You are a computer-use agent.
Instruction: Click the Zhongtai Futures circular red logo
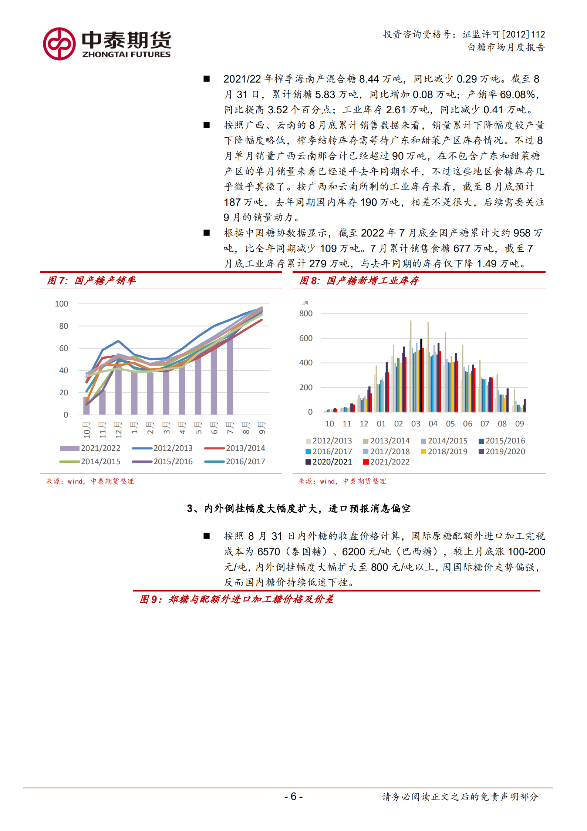59,44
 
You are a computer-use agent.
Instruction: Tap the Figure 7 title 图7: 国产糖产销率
91,281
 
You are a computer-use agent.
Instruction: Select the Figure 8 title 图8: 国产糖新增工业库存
359,281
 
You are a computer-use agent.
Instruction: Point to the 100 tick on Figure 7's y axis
61,304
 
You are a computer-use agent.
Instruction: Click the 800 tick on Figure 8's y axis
306,314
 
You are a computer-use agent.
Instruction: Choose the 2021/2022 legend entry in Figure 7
91,448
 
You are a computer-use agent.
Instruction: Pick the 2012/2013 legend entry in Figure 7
162,448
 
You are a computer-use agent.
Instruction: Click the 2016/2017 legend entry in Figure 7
235,462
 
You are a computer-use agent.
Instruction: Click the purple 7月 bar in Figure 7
230,376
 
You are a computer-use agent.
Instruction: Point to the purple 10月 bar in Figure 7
87,406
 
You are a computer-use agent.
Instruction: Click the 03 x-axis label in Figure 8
416,424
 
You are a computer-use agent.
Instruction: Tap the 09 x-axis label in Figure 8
519,424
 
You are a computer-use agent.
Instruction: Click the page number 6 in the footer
293,796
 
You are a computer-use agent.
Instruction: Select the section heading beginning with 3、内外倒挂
298,509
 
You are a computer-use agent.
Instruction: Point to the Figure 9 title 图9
236,599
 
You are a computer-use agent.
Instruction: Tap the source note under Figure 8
342,481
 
